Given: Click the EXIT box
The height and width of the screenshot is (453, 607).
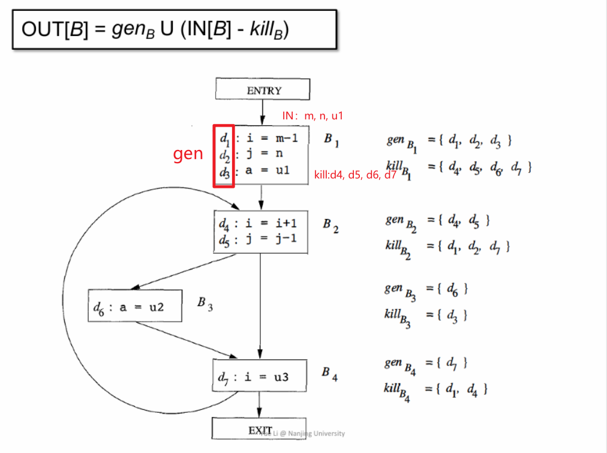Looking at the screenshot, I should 259,430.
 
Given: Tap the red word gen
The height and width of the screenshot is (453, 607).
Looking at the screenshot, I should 188,154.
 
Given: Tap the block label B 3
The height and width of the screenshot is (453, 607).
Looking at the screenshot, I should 205,304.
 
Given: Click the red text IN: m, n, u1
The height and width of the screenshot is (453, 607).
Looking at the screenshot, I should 312,115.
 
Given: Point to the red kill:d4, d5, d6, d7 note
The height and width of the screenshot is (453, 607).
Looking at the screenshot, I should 355,175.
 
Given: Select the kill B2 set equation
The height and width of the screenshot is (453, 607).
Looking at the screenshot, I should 447,246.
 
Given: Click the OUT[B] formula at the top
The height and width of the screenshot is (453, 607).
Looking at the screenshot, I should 155,29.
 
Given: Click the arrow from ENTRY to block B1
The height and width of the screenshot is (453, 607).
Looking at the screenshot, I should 262,113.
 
